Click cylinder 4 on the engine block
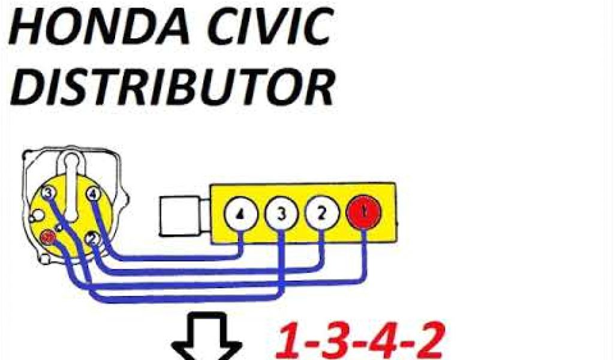point(240,215)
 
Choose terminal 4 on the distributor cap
point(93,194)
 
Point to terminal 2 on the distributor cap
point(92,238)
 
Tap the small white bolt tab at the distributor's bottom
point(46,260)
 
